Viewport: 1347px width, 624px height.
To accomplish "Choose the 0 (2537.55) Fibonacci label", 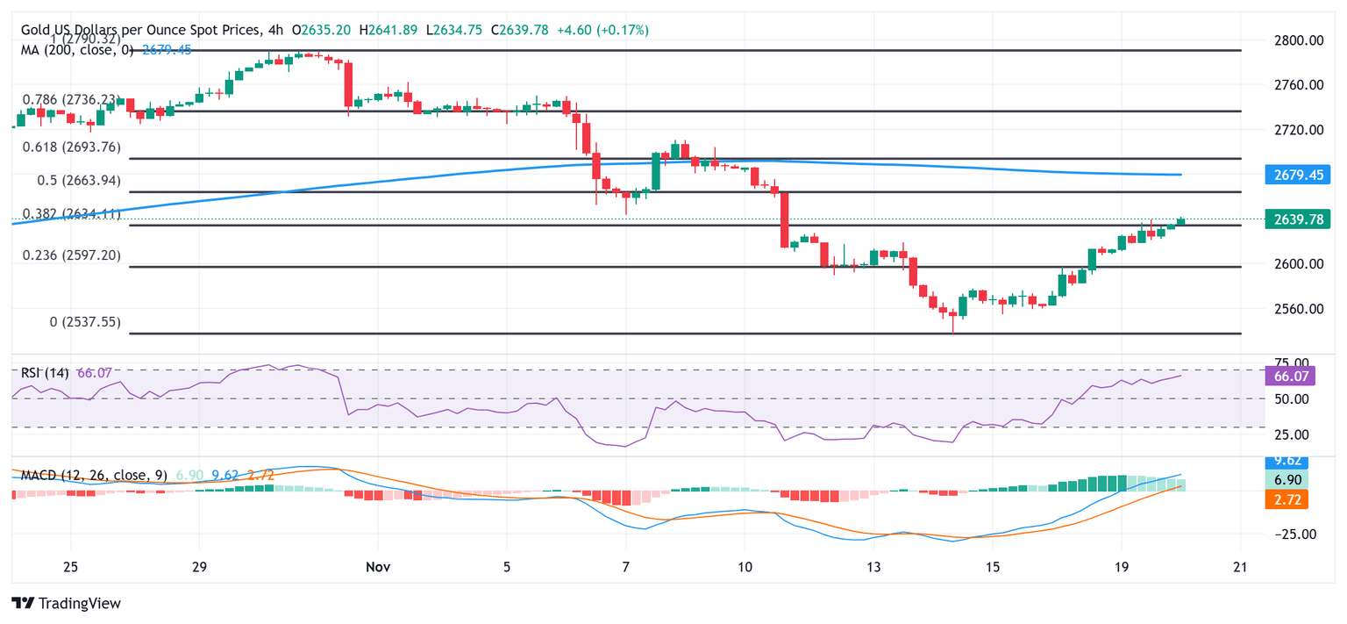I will [x=85, y=322].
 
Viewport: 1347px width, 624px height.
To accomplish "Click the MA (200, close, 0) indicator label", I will [x=78, y=51].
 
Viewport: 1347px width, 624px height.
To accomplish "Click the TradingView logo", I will [x=67, y=603].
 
